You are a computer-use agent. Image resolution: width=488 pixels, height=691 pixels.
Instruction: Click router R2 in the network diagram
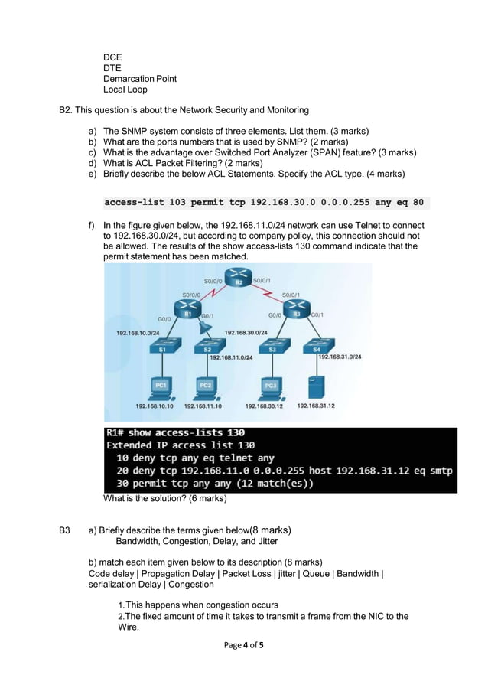[x=239, y=279]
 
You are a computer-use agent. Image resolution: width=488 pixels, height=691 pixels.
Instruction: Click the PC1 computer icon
[x=161, y=385]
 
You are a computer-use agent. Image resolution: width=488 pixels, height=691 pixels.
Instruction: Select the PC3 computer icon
[x=270, y=385]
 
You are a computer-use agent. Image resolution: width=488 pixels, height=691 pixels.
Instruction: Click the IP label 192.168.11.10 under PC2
[x=203, y=406]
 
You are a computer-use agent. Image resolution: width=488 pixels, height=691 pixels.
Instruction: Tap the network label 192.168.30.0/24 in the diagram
[x=246, y=333]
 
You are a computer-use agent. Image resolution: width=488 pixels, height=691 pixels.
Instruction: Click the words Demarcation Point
[x=139, y=79]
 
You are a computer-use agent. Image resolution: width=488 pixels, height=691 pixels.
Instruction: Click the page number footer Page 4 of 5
[x=243, y=646]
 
